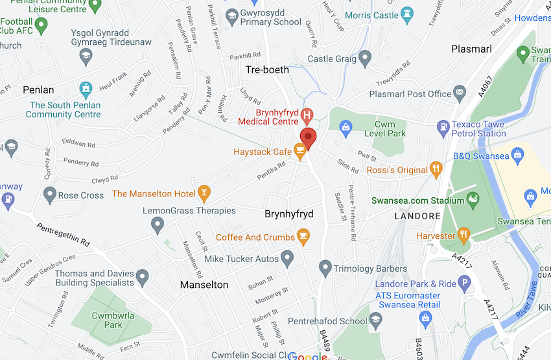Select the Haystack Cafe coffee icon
pyautogui.click(x=299, y=152)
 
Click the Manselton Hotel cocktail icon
pyautogui.click(x=204, y=193)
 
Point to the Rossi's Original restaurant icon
pyautogui.click(x=436, y=170)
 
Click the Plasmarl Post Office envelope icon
pyautogui.click(x=460, y=93)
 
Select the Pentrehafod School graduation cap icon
pyautogui.click(x=376, y=320)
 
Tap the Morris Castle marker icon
pyautogui.click(x=406, y=15)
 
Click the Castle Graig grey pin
pyautogui.click(x=365, y=59)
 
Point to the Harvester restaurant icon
pyautogui.click(x=463, y=235)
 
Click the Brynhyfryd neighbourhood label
pyautogui.click(x=289, y=213)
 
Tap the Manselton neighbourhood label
pyautogui.click(x=204, y=285)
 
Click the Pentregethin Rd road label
pyautogui.click(x=64, y=234)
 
